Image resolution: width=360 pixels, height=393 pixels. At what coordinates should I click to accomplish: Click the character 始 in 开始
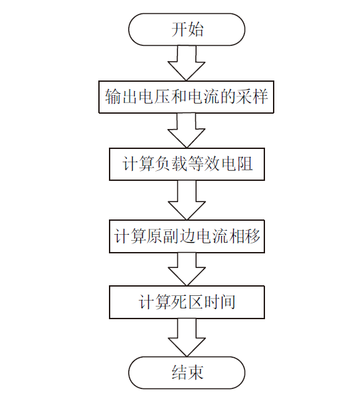tap(195, 29)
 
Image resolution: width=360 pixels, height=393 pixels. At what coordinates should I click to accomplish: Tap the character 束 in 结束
tap(195, 372)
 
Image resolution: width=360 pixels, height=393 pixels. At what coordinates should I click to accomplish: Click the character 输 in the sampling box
tap(113, 96)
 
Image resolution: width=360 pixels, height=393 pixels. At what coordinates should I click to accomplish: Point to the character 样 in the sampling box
tap(260, 96)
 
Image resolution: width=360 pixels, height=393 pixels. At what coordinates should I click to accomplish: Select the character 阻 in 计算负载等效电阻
tap(245, 164)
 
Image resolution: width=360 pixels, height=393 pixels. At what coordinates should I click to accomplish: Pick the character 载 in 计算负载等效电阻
tap(179, 164)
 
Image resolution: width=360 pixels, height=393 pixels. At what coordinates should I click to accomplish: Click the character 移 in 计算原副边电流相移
tap(252, 236)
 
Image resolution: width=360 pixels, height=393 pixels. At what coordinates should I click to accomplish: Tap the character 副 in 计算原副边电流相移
tap(171, 236)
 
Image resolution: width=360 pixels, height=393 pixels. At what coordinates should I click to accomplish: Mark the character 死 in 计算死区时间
tap(179, 302)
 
